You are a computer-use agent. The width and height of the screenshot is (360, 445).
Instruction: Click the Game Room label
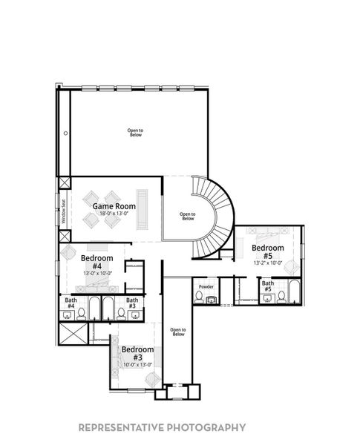point(114,205)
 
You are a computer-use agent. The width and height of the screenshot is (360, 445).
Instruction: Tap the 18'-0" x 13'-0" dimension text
point(114,213)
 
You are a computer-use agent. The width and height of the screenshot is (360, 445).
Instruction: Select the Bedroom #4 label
point(96,262)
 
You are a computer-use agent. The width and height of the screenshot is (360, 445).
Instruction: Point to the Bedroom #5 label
point(267,251)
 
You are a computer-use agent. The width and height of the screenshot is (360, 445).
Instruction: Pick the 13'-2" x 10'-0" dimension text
point(267,262)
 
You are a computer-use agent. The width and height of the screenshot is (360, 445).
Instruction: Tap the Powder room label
point(206,286)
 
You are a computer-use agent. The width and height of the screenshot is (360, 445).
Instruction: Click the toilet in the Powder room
point(198,297)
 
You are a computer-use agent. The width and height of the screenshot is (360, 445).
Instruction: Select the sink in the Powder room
point(212,300)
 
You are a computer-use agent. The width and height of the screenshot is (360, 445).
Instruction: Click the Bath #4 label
point(71,303)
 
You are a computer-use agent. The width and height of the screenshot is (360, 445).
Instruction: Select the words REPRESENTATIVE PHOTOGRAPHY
point(162,427)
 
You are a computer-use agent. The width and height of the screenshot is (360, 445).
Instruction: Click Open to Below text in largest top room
point(135,133)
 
